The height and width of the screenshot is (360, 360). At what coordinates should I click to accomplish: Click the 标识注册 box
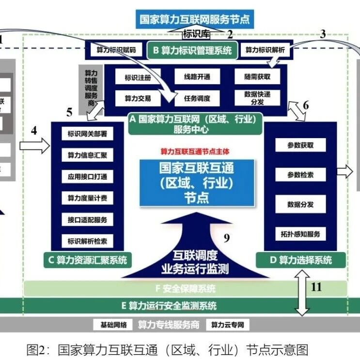point(134,77)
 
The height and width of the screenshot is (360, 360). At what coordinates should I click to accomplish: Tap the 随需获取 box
point(258,77)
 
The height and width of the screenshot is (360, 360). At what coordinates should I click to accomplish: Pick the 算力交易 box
point(134,98)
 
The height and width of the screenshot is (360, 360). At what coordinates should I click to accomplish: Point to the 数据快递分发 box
point(258,98)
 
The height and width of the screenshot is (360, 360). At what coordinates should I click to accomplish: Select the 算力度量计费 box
point(87,198)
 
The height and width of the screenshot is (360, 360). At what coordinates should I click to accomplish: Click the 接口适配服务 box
point(87,219)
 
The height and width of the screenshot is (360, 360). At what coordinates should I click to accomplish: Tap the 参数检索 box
point(300,175)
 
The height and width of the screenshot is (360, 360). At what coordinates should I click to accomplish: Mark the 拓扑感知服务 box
point(300,234)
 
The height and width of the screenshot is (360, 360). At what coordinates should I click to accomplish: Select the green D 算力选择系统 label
point(300,260)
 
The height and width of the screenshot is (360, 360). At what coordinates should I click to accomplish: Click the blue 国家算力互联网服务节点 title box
point(194,20)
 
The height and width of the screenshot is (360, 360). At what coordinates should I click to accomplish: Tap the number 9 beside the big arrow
point(226,237)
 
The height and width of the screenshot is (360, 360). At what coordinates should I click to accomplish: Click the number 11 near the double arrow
point(316,287)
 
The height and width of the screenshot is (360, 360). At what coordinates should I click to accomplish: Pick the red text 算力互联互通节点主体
point(196,151)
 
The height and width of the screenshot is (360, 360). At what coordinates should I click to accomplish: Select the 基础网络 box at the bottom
point(113,325)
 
